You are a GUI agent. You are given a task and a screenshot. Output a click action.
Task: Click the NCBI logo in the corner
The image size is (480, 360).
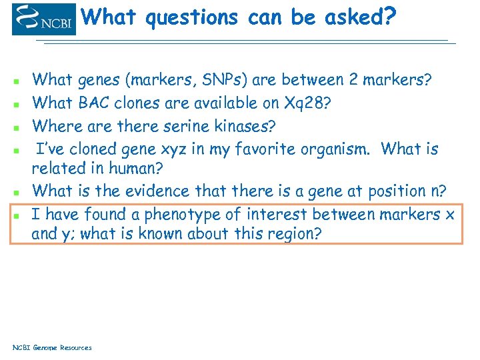[44, 19]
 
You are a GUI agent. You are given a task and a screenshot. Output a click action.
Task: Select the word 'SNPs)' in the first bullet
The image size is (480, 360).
[221, 80]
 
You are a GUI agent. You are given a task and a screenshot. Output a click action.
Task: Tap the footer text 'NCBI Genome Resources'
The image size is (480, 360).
[53, 347]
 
